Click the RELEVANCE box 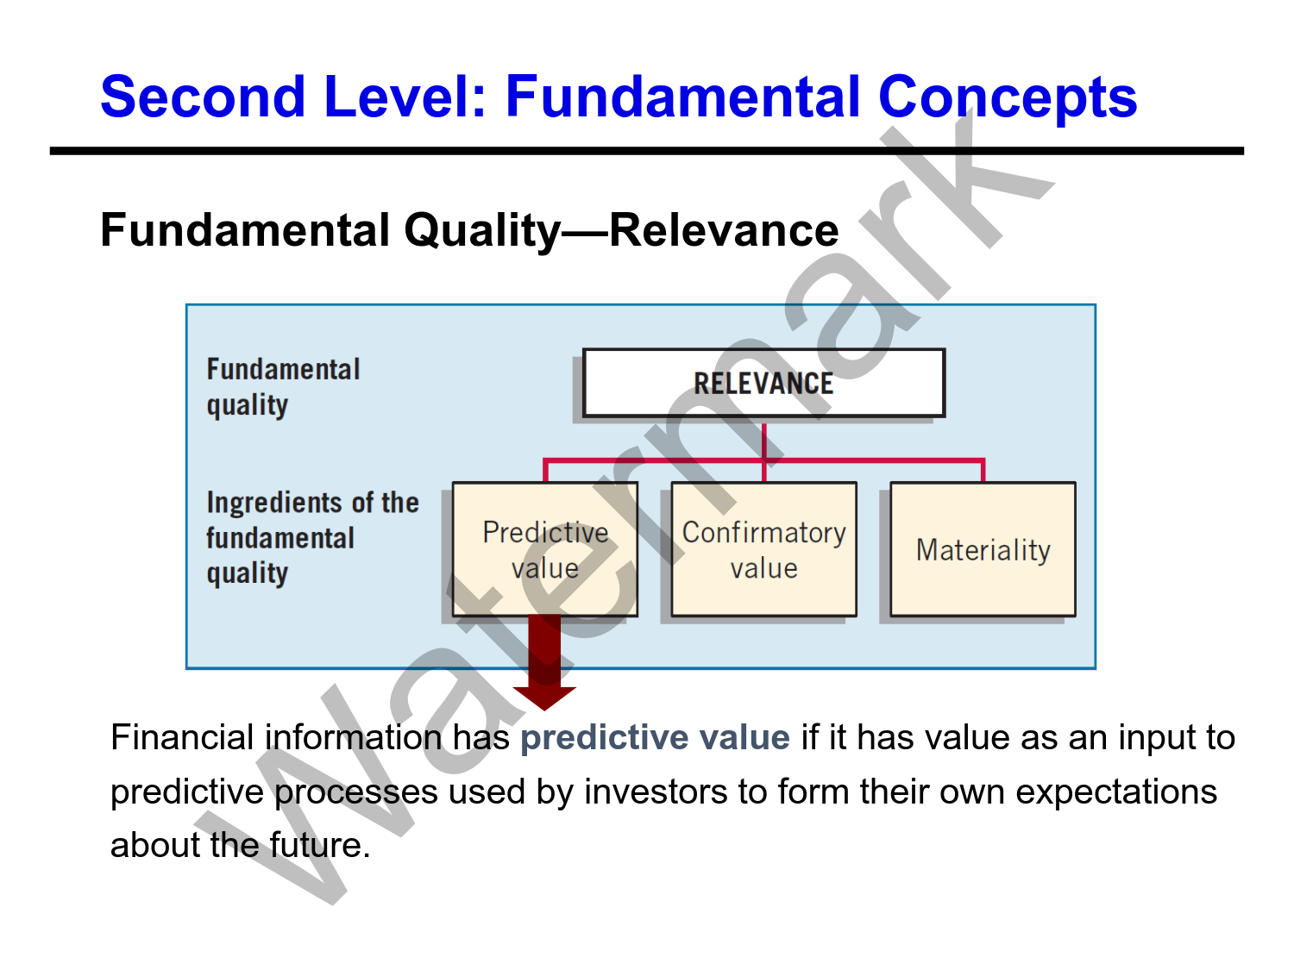point(763,383)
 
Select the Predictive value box point(545,549)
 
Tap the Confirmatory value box point(763,549)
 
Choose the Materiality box point(983,549)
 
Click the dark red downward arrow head point(544,696)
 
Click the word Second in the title point(203,97)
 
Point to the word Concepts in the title point(1007,97)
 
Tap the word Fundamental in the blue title point(682,97)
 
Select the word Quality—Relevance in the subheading point(621,231)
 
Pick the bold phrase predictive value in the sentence point(655,738)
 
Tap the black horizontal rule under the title point(647,151)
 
